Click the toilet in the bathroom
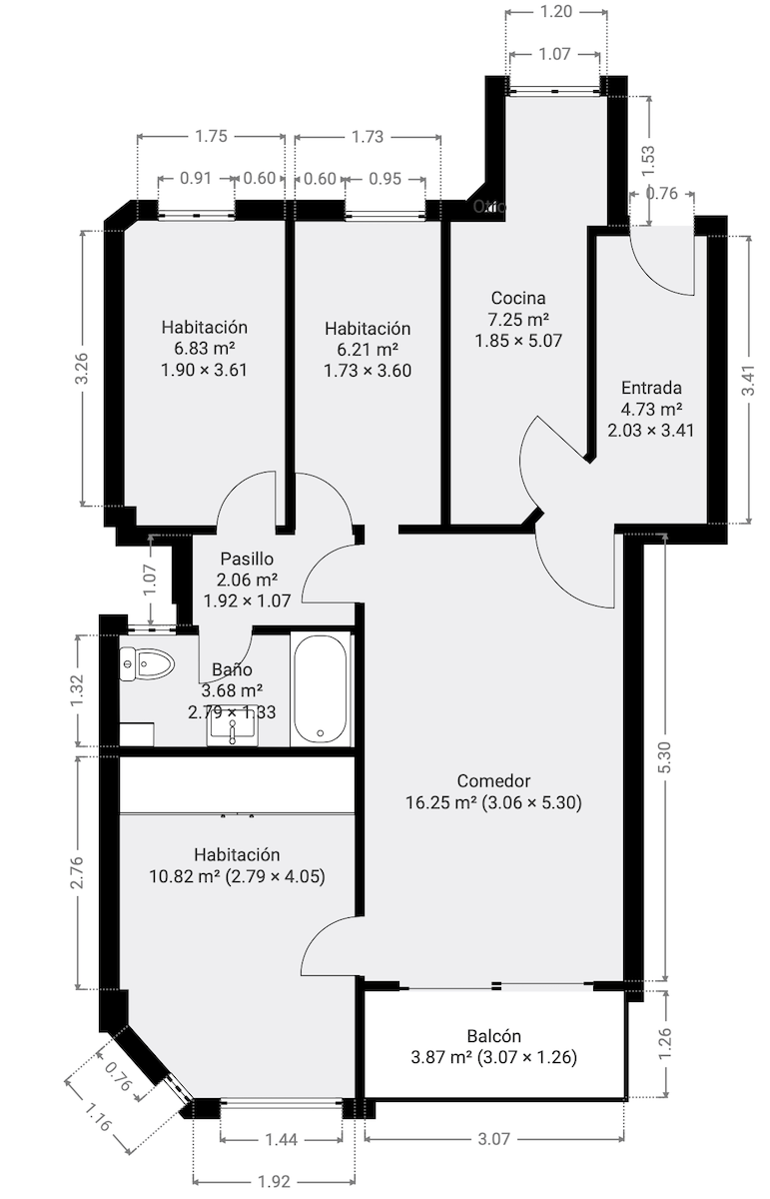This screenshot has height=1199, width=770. point(146,663)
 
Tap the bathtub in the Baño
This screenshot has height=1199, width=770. point(321,688)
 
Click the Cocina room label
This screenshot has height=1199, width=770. point(517,298)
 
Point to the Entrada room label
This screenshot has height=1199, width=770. point(651,388)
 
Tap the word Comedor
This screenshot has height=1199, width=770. point(493,780)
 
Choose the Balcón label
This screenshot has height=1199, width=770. point(493,1036)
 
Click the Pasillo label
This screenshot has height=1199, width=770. point(247,559)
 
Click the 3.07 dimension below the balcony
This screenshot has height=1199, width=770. point(495,1138)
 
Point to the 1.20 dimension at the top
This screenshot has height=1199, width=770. point(555,12)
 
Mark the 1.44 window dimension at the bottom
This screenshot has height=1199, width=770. point(281,1139)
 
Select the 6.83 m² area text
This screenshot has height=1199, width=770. point(204,348)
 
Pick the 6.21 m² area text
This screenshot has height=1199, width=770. point(368,350)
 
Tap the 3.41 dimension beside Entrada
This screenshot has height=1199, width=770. point(748,380)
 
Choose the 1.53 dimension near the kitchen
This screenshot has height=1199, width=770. point(649,156)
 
